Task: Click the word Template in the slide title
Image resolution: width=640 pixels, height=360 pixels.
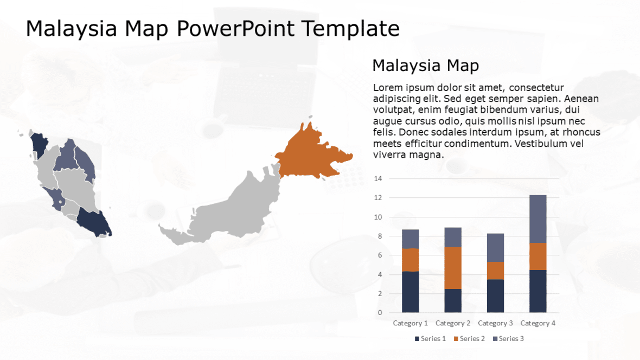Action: pyautogui.click(x=350, y=28)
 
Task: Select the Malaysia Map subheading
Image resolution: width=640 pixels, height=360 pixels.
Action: pyautogui.click(x=425, y=66)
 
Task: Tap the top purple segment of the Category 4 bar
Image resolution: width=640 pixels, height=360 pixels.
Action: pyautogui.click(x=538, y=218)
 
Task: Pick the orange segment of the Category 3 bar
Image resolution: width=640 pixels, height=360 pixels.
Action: pyautogui.click(x=496, y=271)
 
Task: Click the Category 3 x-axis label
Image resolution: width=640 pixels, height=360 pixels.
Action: pyautogui.click(x=495, y=323)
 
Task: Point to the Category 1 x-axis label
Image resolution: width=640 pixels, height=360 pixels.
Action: pyautogui.click(x=410, y=323)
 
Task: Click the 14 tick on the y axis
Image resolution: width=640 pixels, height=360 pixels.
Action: pyautogui.click(x=378, y=179)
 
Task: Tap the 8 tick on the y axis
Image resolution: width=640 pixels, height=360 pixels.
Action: pyautogui.click(x=380, y=236)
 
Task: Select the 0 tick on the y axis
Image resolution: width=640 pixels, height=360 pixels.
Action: pyautogui.click(x=380, y=313)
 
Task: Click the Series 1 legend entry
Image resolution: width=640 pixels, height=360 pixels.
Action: pyautogui.click(x=431, y=339)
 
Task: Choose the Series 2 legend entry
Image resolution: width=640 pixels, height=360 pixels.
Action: pyautogui.click(x=469, y=339)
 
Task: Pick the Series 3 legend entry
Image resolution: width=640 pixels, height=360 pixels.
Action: pyautogui.click(x=508, y=339)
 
